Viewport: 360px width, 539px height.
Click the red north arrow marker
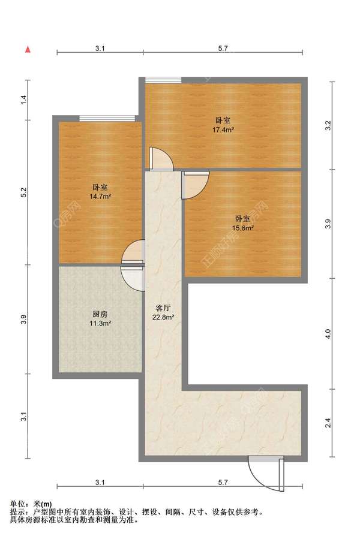[28, 50]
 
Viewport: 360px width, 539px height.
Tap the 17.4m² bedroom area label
[223, 130]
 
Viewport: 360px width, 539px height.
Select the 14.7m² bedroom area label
[100, 197]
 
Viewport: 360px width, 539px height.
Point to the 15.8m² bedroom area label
[243, 228]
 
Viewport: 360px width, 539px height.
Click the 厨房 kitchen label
[100, 314]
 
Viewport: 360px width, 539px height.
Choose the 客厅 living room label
[163, 308]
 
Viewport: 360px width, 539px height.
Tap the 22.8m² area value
[163, 317]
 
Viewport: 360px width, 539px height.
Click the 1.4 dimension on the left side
[23, 100]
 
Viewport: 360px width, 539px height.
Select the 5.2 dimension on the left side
[23, 192]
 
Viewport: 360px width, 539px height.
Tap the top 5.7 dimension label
[223, 49]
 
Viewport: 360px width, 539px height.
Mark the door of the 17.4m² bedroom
[160, 159]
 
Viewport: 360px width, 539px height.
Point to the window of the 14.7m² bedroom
[107, 118]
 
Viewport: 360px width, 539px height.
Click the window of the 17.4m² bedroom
[163, 80]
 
